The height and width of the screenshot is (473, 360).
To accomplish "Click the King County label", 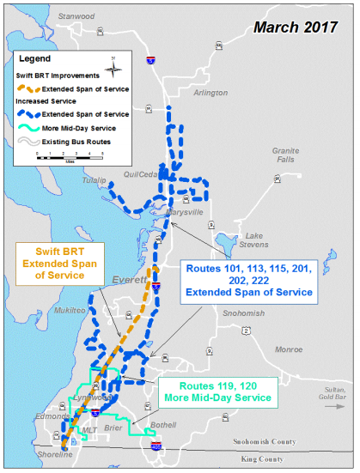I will pos(261,460).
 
